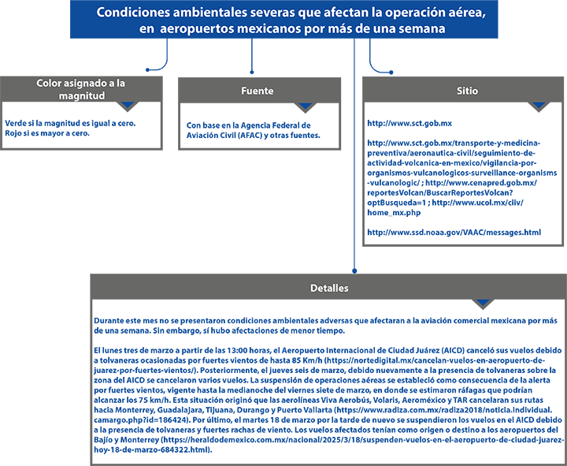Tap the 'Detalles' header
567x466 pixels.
pyautogui.click(x=328, y=288)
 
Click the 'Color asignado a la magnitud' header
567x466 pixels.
pyautogui.click(x=81, y=89)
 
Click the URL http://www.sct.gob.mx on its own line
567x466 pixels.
pyautogui.click(x=409, y=124)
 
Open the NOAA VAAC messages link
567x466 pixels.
pyautogui.click(x=454, y=233)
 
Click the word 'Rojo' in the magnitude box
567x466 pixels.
pyautogui.click(x=13, y=133)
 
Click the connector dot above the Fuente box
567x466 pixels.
pyautogui.click(x=252, y=73)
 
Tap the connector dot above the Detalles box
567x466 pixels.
pyautogui.click(x=354, y=270)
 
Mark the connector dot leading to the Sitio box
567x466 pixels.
pyautogui.click(x=391, y=73)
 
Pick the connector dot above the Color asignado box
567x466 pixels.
pyautogui.click(x=147, y=70)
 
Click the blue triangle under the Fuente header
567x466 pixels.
pyautogui.click(x=306, y=106)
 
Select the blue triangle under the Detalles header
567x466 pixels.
pyautogui.click(x=483, y=302)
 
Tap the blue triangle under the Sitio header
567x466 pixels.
pyautogui.click(x=539, y=105)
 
